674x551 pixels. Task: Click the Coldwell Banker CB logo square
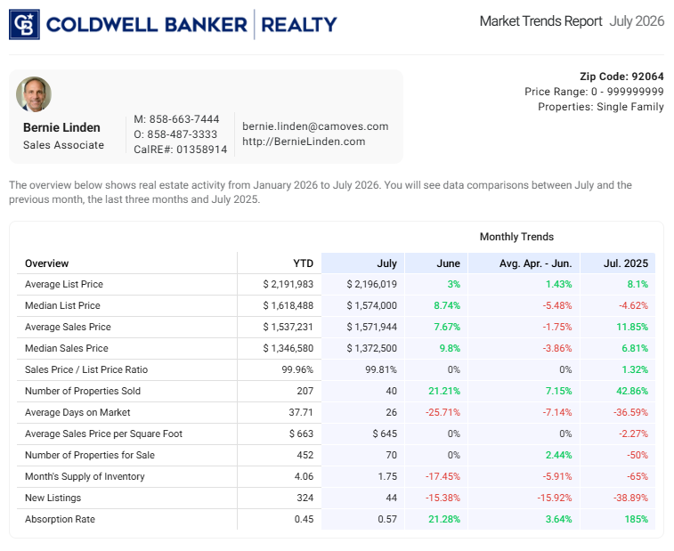24,25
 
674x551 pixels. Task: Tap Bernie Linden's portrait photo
34,94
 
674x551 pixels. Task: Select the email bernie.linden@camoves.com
315,126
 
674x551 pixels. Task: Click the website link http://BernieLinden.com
304,142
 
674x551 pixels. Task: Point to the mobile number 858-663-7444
184,119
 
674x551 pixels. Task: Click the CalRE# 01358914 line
180,150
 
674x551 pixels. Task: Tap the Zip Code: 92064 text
621,77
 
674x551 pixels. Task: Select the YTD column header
303,263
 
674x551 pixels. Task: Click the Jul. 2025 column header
625,263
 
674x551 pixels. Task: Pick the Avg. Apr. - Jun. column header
535,263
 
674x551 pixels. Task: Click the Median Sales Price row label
67,348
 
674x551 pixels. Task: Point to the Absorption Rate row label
60,519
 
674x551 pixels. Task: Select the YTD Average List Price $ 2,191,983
288,284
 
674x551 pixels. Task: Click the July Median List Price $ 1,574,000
372,305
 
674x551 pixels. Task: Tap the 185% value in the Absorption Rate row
637,519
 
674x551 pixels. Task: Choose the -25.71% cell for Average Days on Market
443,412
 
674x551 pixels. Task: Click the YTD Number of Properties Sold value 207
305,391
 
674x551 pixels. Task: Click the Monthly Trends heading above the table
516,237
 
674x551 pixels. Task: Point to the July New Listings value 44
391,498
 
